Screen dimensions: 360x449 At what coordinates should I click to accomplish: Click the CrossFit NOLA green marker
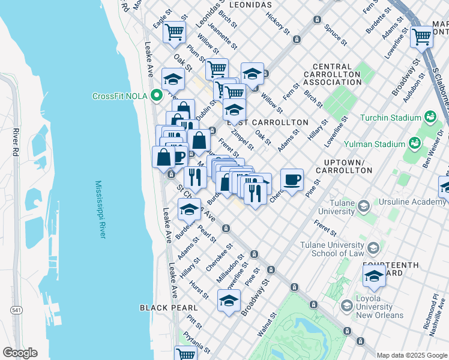pos(157,95)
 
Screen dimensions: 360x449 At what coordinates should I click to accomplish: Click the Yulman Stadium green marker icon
pos(414,143)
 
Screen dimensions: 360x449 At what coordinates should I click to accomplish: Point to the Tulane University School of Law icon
pos(373,248)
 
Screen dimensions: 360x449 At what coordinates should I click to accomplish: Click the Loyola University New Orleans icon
pos(346,306)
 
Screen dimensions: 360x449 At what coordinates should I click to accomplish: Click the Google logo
pos(20,353)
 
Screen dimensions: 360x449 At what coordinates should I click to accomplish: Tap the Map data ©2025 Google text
pos(412,355)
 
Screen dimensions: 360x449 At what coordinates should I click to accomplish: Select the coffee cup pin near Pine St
pos(292,179)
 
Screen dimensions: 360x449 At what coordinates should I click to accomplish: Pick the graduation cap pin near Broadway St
pos(229,300)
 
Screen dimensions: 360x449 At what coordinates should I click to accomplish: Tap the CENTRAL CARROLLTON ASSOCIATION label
pos(332,74)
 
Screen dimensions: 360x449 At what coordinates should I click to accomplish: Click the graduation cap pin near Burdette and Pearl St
pos(189,209)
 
